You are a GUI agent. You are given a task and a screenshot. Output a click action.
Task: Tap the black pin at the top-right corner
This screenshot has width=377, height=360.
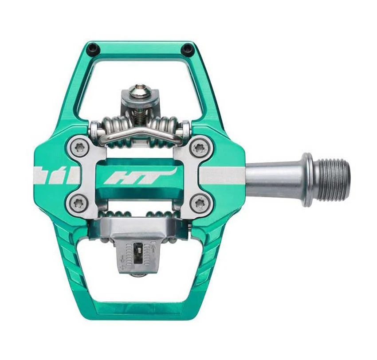pyautogui.click(x=188, y=47)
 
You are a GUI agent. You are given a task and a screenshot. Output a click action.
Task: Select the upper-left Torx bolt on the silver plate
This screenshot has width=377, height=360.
pyautogui.click(x=80, y=148)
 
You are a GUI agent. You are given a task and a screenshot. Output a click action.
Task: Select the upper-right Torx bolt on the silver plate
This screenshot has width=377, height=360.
pyautogui.click(x=198, y=148)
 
